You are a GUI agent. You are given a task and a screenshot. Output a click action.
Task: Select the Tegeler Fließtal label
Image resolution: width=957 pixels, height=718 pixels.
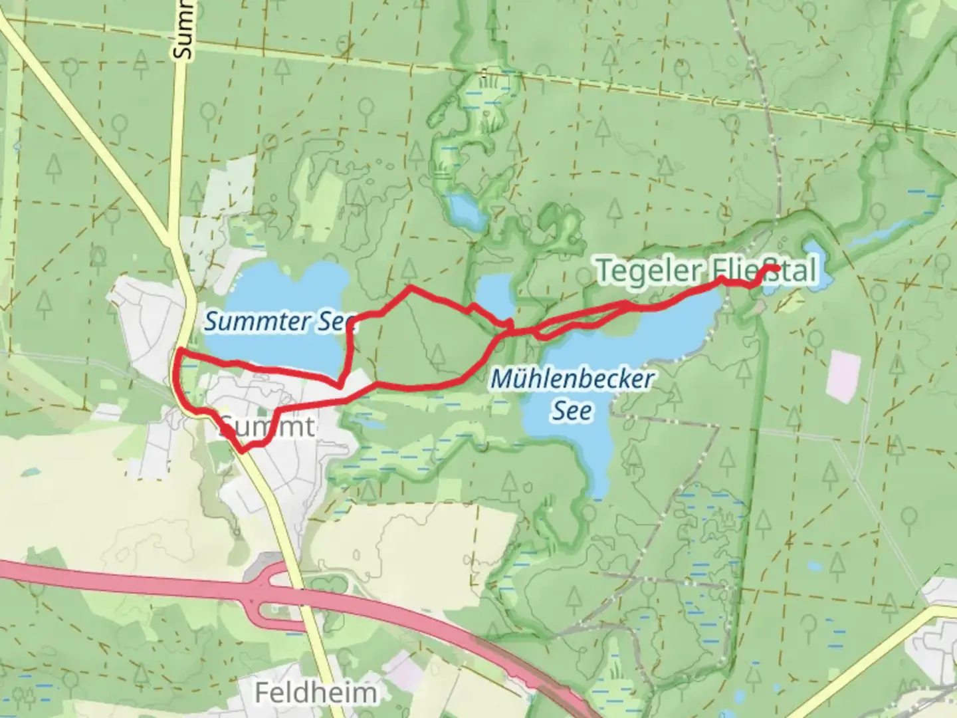[706, 271]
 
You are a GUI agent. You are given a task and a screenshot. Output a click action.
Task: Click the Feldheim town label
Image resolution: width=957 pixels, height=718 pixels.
[316, 693]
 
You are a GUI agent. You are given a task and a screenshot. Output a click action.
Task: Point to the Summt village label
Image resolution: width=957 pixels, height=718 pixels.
[266, 427]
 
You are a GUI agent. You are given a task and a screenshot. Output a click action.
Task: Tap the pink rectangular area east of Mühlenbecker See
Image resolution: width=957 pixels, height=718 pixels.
[843, 376]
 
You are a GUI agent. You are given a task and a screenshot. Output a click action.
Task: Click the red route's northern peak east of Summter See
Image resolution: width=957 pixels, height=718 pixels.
[411, 287]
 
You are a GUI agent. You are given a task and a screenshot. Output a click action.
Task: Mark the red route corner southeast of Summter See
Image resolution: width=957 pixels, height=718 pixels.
[340, 385]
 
